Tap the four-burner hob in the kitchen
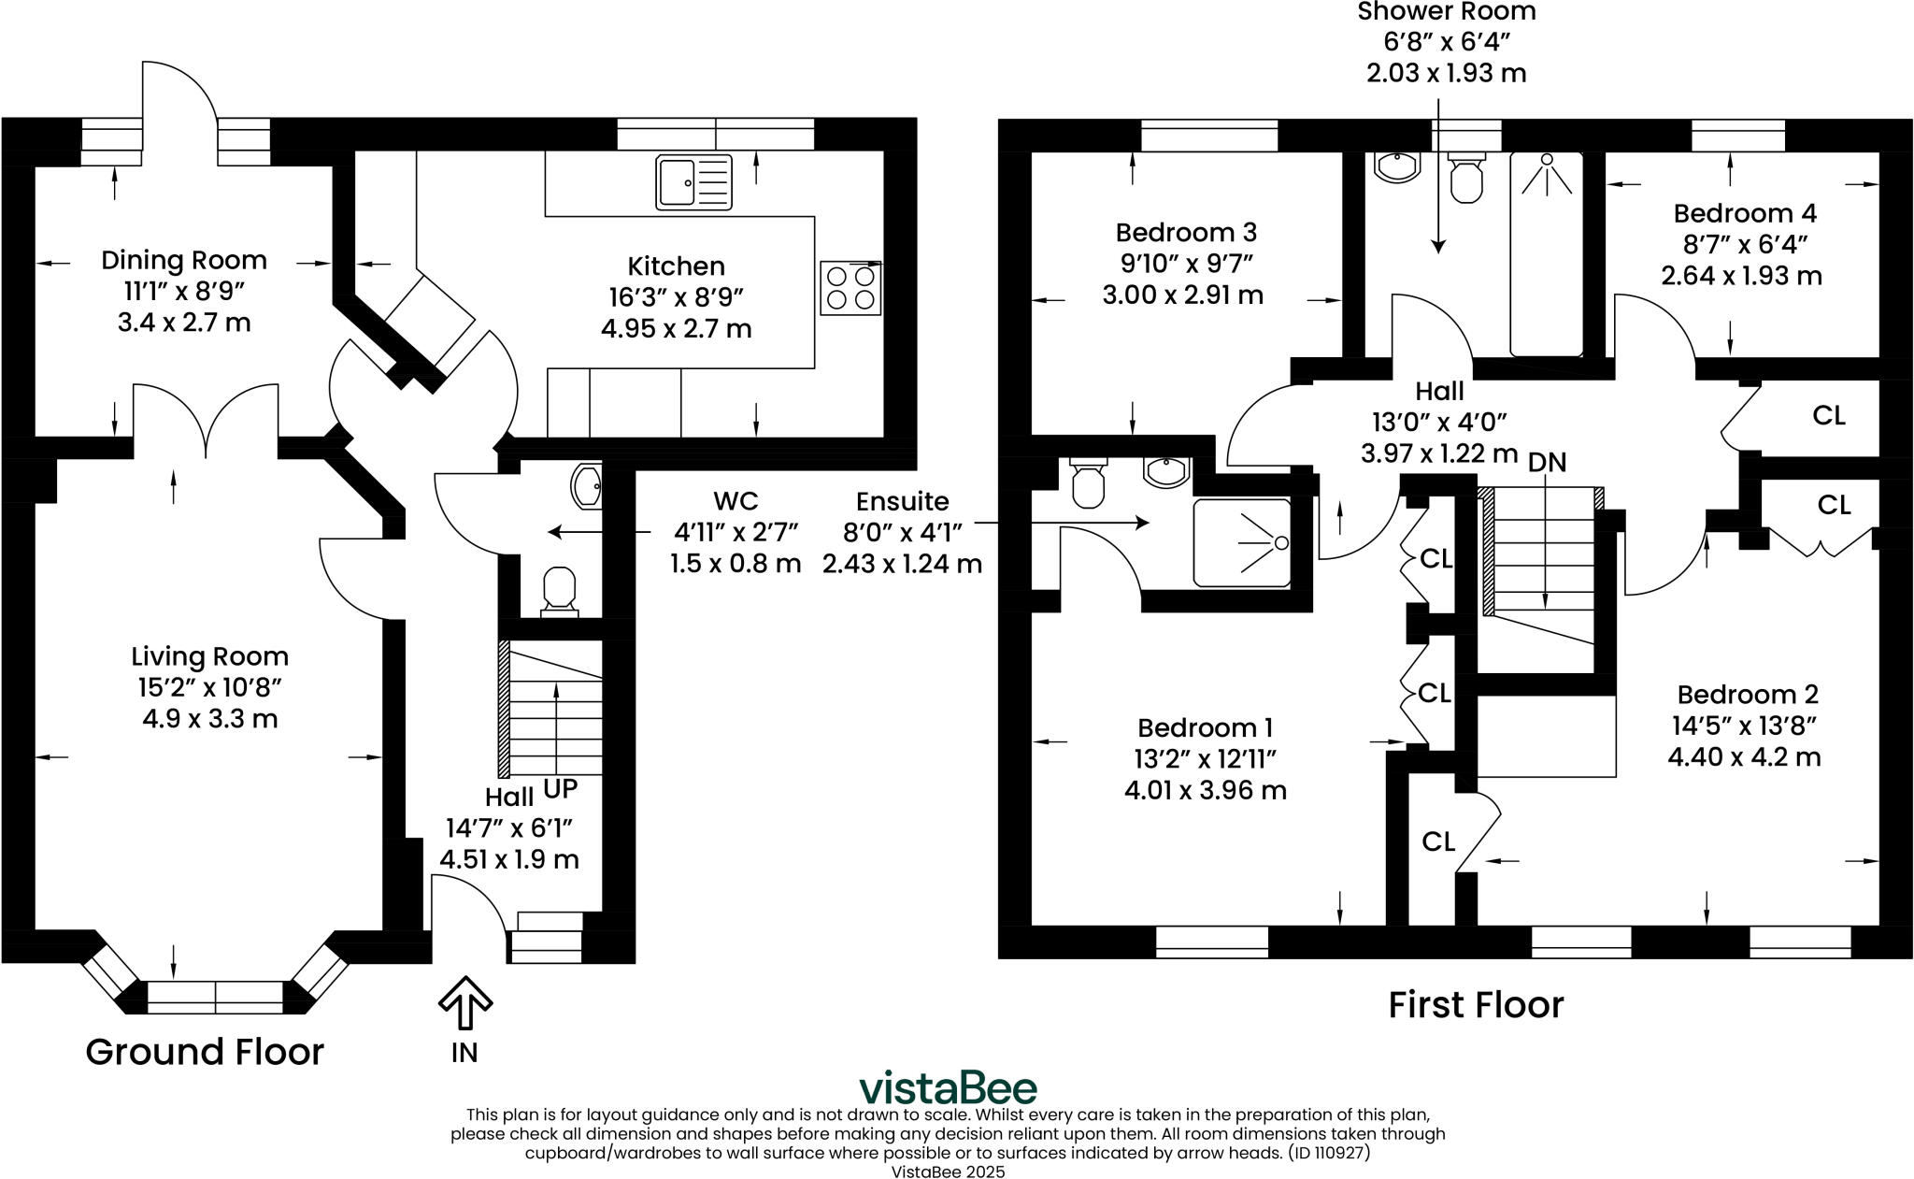point(850,288)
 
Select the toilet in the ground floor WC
point(559,589)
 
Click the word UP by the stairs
point(560,789)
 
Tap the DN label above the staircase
point(1547,463)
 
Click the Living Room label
point(209,656)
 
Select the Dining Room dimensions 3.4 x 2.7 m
point(184,324)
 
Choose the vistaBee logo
point(948,1088)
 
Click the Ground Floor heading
point(205,1052)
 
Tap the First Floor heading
point(1475,1005)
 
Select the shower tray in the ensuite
point(1241,543)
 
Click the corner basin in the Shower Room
point(1397,167)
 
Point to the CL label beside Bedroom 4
point(1828,415)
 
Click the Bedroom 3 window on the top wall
point(1208,137)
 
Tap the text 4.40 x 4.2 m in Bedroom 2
point(1744,756)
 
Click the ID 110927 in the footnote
point(1330,1153)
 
